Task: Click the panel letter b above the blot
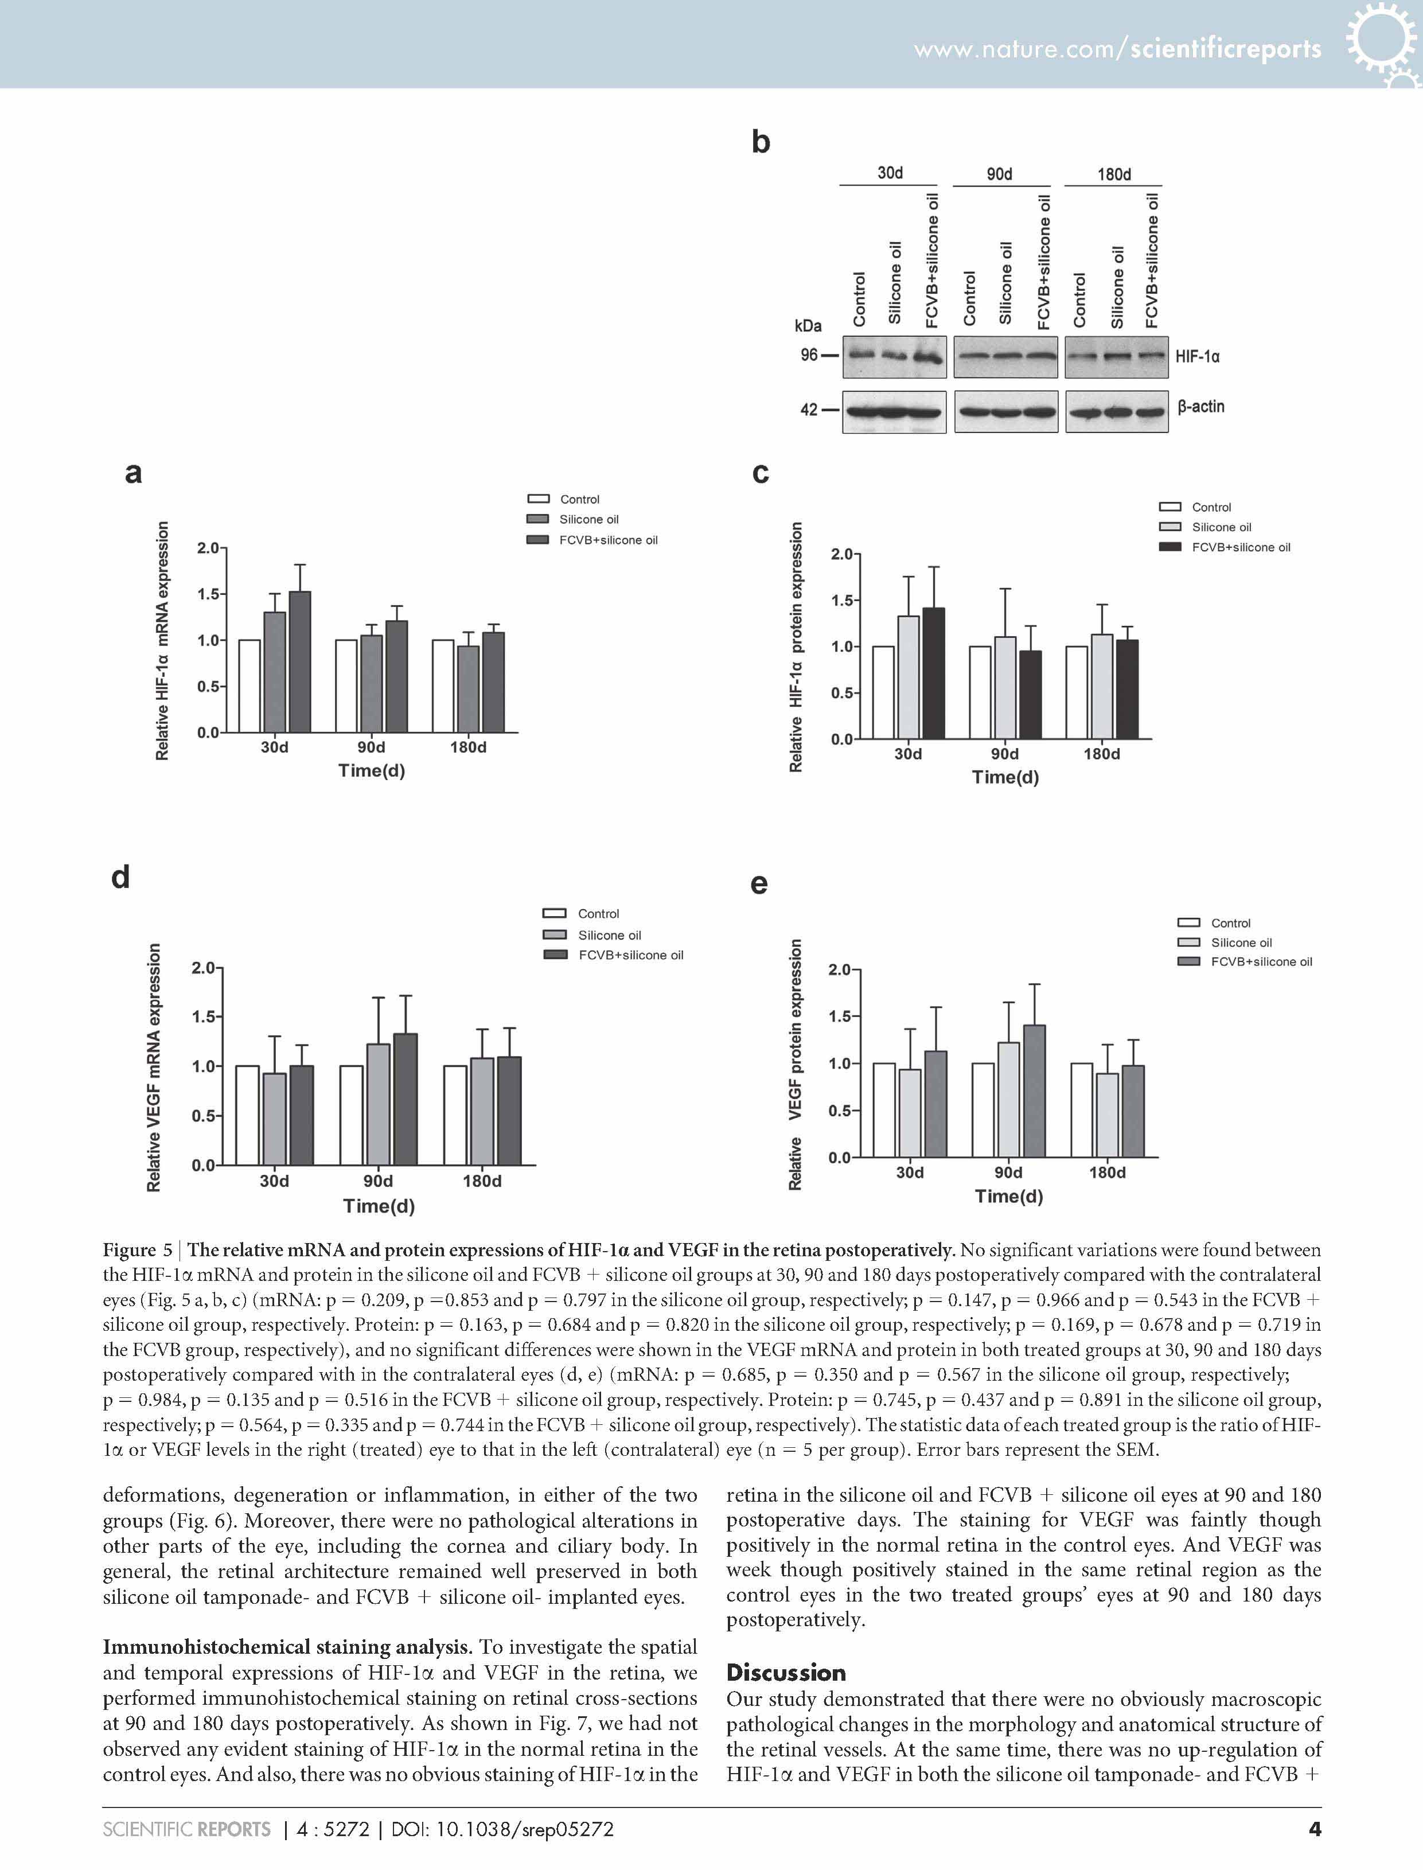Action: tap(761, 142)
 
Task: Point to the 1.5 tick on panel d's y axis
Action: tap(203, 1016)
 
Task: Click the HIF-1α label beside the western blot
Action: tap(1197, 357)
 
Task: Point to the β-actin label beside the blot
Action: tap(1200, 407)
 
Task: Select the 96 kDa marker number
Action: tap(809, 355)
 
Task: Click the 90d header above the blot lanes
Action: tap(1000, 174)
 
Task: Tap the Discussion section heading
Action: tap(786, 1673)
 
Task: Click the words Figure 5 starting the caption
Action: tap(137, 1250)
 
